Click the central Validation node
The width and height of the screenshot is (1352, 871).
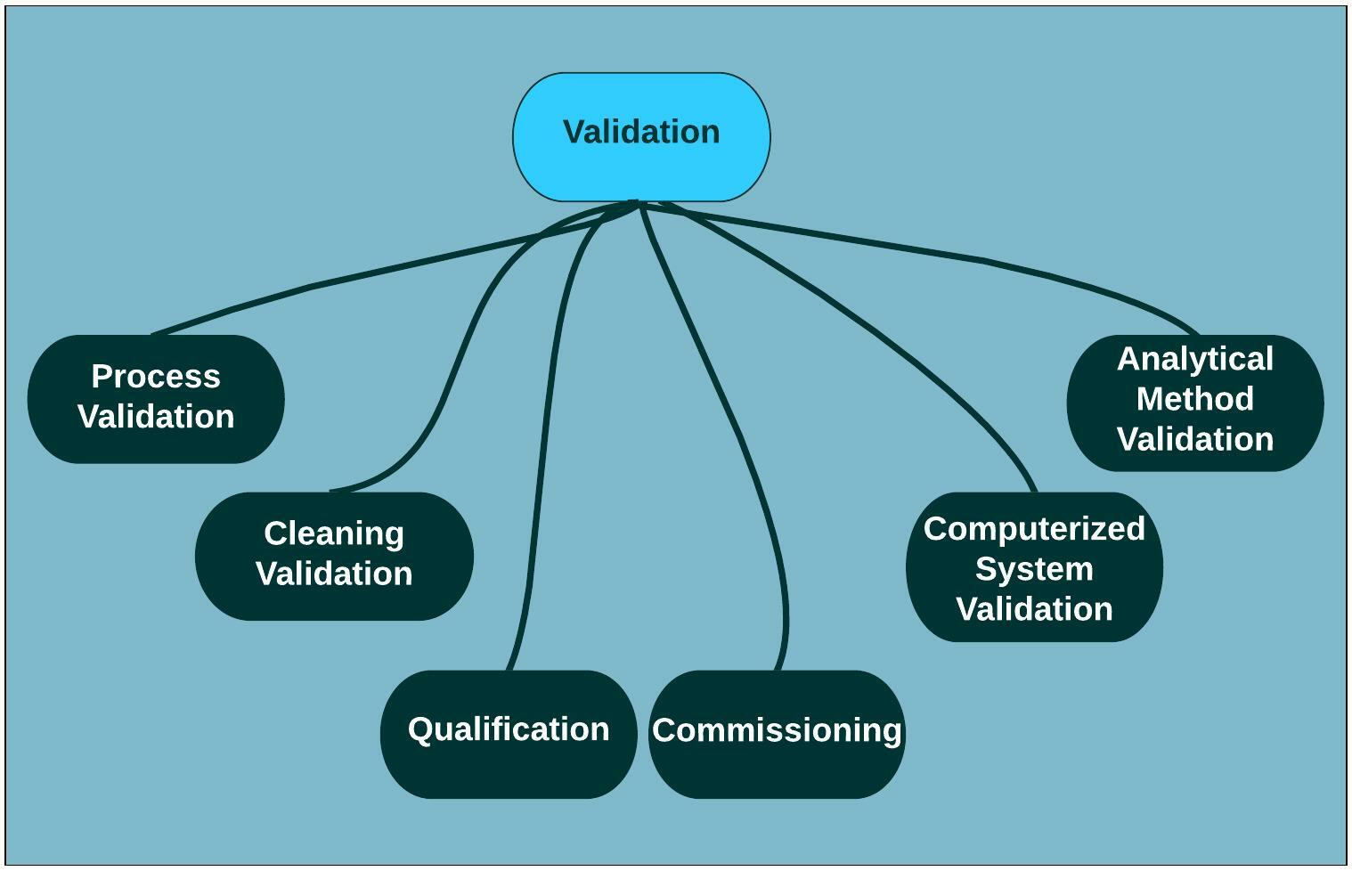pyautogui.click(x=641, y=137)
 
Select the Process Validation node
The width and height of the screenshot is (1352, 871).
pyautogui.click(x=156, y=399)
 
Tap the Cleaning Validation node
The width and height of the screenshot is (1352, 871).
pyautogui.click(x=334, y=556)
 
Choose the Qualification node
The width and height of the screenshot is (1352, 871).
pyautogui.click(x=509, y=734)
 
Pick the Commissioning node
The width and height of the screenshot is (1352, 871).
pyautogui.click(x=777, y=734)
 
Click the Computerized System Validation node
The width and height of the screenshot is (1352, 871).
pyautogui.click(x=1034, y=567)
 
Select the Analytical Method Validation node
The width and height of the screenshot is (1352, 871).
pyautogui.click(x=1195, y=403)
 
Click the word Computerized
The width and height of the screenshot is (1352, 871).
pyautogui.click(x=1034, y=529)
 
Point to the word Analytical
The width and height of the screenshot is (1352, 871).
pyautogui.click(x=1195, y=359)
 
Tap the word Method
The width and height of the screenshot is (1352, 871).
pyautogui.click(x=1195, y=398)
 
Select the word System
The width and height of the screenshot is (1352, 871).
pyautogui.click(x=1034, y=569)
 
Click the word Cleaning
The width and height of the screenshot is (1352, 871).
pyautogui.click(x=334, y=534)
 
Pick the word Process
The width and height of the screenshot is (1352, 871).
pyautogui.click(x=156, y=377)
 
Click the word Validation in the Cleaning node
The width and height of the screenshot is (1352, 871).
pyautogui.click(x=334, y=574)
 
